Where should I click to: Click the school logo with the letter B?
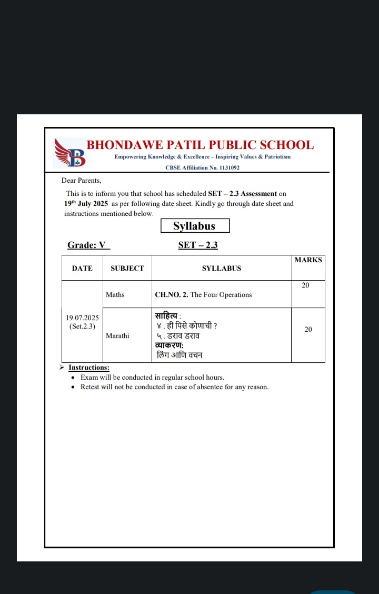coord(71,153)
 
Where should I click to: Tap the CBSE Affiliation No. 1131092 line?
coord(203,167)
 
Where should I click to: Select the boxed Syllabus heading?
coord(195,226)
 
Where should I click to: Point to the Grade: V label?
coord(87,245)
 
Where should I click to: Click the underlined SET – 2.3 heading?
coord(198,245)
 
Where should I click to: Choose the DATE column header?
coord(82,268)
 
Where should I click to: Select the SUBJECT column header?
coord(127,268)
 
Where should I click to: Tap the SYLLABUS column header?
coord(221,268)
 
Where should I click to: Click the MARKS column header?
coord(308,260)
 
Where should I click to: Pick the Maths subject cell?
coord(115,294)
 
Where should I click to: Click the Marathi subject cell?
coord(117,335)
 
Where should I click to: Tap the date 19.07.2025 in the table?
coord(82,318)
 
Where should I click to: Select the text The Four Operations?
coord(221,294)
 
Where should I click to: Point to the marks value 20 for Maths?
coord(305,285)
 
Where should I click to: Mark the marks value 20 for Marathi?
coord(308,329)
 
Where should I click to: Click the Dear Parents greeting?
coord(81,180)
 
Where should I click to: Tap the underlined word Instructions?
coord(89,368)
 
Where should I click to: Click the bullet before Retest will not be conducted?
coord(73,387)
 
